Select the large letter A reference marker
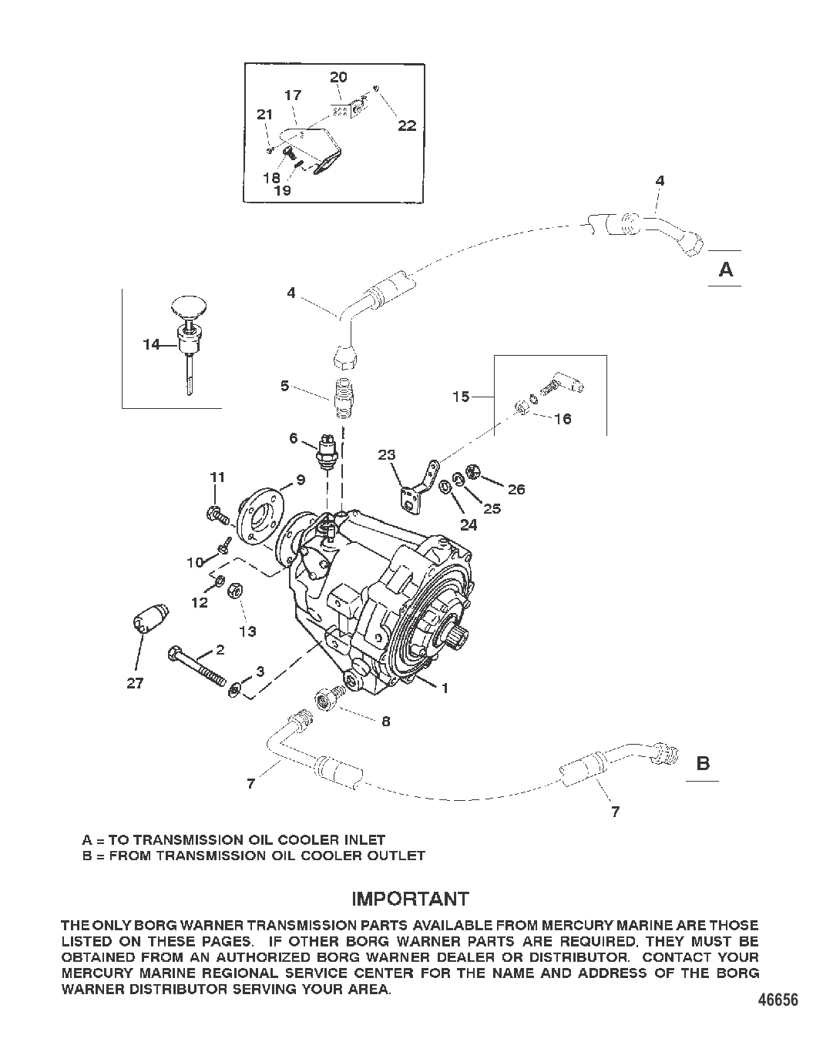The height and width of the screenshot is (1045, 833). (726, 270)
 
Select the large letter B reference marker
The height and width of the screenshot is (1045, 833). (703, 763)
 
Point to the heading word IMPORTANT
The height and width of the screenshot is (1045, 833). (410, 899)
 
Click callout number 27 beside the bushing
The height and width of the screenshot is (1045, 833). (135, 683)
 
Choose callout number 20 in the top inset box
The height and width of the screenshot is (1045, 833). (338, 76)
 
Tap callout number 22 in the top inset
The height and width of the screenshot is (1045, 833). (407, 125)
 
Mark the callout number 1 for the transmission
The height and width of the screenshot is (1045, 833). (444, 688)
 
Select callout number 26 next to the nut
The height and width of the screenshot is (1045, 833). (516, 489)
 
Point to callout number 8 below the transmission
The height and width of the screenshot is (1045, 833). (385, 721)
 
